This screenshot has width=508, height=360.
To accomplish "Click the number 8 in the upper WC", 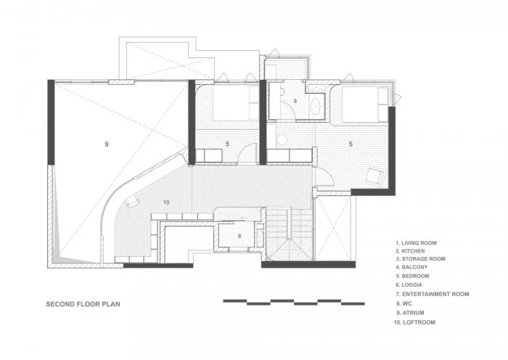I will [295, 101].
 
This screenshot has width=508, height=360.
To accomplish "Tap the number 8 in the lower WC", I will [239, 236].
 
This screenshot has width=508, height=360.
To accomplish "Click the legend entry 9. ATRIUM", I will [416, 311].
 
